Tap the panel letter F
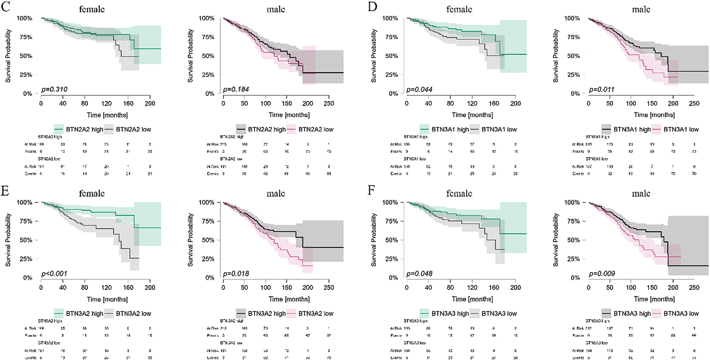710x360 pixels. click(371, 190)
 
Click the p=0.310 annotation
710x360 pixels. click(54, 89)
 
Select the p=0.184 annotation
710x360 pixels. click(236, 89)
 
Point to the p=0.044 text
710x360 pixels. click(420, 89)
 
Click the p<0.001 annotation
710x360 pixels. click(54, 274)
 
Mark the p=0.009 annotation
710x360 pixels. click(602, 274)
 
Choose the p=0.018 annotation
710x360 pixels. click(236, 274)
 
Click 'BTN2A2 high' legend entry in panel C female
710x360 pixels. click(85, 129)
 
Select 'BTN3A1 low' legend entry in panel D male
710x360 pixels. click(681, 129)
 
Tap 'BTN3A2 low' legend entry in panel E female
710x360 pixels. click(133, 313)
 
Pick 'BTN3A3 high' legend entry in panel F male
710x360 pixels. click(632, 313)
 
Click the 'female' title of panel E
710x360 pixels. click(92, 193)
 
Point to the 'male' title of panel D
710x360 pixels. click(641, 9)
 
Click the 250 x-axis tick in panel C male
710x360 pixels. click(329, 104)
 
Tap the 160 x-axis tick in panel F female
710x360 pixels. click(494, 288)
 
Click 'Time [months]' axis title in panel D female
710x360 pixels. click(472, 115)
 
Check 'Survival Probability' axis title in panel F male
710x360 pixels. click(555, 240)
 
